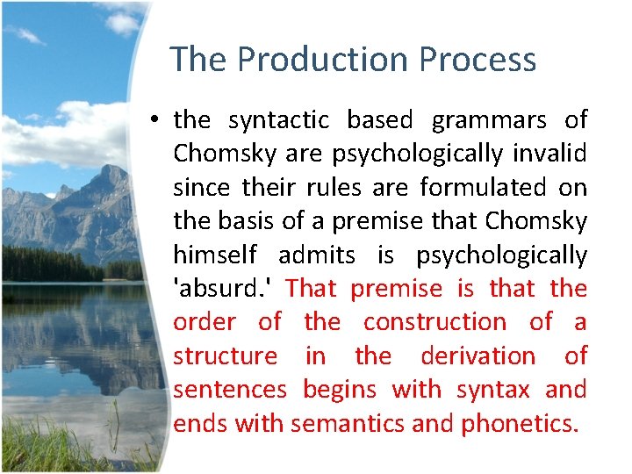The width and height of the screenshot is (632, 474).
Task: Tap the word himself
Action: [215, 255]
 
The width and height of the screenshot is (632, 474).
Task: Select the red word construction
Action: [434, 322]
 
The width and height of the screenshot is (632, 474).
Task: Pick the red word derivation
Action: [478, 355]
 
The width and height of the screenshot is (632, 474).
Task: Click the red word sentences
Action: [229, 389]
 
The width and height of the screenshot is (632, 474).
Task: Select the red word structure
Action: [225, 355]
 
